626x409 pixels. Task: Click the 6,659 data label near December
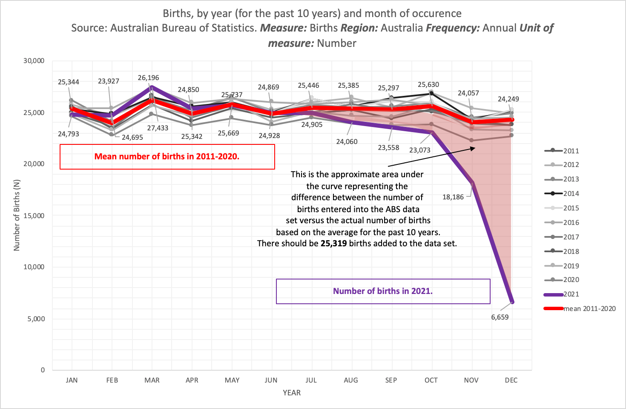(500, 317)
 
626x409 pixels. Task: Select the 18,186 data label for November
(453, 197)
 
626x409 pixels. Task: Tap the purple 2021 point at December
(512, 302)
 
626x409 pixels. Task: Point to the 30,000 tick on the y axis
(34, 60)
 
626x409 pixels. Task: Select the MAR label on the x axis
(152, 380)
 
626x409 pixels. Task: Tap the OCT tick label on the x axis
(431, 380)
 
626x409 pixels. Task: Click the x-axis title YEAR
(292, 393)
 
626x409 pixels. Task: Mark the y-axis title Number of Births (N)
(17, 215)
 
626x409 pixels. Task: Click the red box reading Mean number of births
(167, 157)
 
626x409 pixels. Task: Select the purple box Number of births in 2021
(383, 291)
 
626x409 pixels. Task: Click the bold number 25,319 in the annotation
(333, 243)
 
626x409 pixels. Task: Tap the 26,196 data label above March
(148, 78)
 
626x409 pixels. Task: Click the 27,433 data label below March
(158, 128)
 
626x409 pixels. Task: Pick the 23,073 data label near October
(419, 150)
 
